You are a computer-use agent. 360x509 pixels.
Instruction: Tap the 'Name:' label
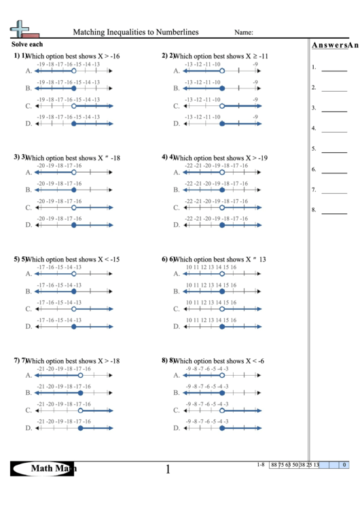pyautogui.click(x=244, y=32)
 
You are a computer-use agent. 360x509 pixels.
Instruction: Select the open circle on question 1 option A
pyautogui.click(x=73, y=71)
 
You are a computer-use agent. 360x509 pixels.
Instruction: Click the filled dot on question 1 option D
pyautogui.click(x=73, y=124)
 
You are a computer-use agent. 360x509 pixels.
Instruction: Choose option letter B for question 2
pyautogui.click(x=176, y=88)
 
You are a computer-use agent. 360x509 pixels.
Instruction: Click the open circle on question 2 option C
pyautogui.click(x=221, y=106)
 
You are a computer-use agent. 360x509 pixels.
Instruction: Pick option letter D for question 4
pyautogui.click(x=176, y=225)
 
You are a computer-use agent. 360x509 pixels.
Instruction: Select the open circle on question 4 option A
pyautogui.click(x=221, y=172)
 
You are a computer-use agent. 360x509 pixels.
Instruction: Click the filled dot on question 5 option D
pyautogui.click(x=73, y=326)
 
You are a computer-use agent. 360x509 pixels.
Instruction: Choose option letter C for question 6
pyautogui.click(x=176, y=309)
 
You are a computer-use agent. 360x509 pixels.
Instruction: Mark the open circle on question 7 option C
pyautogui.click(x=80, y=410)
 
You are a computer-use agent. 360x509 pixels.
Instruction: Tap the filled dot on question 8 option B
pyautogui.click(x=221, y=392)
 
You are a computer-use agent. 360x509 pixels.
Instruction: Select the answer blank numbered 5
pyautogui.click(x=334, y=150)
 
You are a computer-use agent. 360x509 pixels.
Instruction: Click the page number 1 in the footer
pyautogui.click(x=168, y=469)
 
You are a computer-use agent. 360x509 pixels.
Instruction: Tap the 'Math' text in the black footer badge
pyautogui.click(x=43, y=468)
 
